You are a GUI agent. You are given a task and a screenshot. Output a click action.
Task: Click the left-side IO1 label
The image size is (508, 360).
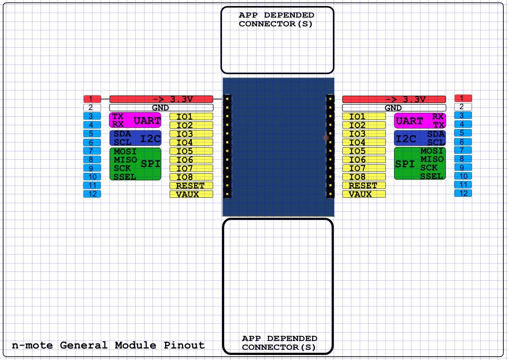(x=191, y=116)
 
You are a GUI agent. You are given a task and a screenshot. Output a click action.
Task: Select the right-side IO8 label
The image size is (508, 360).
(x=364, y=177)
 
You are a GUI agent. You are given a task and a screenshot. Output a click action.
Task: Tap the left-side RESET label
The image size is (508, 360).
(x=191, y=185)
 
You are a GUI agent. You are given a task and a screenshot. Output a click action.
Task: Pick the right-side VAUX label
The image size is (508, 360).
(x=364, y=194)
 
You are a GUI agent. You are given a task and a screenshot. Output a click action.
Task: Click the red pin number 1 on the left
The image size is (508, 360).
(x=92, y=99)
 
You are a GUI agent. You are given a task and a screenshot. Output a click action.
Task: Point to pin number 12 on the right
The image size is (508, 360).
(x=463, y=193)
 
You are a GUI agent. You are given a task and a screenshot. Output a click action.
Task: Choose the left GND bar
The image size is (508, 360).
(x=161, y=107)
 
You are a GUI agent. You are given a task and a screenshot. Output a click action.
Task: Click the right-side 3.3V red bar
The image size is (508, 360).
(x=394, y=99)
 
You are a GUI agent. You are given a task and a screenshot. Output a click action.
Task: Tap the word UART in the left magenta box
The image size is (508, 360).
(x=147, y=121)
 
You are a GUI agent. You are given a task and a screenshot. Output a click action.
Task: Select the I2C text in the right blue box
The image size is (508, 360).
(x=406, y=138)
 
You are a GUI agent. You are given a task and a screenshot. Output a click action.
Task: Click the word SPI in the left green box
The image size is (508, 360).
(x=150, y=164)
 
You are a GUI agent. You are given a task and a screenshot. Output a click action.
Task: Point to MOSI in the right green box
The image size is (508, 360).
(x=432, y=151)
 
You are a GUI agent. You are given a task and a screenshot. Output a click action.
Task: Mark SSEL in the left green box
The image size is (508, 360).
(x=125, y=177)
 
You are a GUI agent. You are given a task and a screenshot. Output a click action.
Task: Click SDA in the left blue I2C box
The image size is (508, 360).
(x=123, y=134)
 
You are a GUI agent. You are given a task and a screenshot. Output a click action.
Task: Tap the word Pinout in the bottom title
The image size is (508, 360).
(x=184, y=345)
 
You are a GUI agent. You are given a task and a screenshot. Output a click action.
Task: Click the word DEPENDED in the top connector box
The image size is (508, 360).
(x=289, y=15)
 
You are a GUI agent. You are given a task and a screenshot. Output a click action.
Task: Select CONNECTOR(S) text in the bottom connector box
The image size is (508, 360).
(x=279, y=347)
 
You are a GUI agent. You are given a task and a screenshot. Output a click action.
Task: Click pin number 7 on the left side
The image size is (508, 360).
(x=92, y=151)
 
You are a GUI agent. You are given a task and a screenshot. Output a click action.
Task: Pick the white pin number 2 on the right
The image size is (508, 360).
(x=463, y=107)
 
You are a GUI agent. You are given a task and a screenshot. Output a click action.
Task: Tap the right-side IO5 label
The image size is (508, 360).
(x=364, y=151)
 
